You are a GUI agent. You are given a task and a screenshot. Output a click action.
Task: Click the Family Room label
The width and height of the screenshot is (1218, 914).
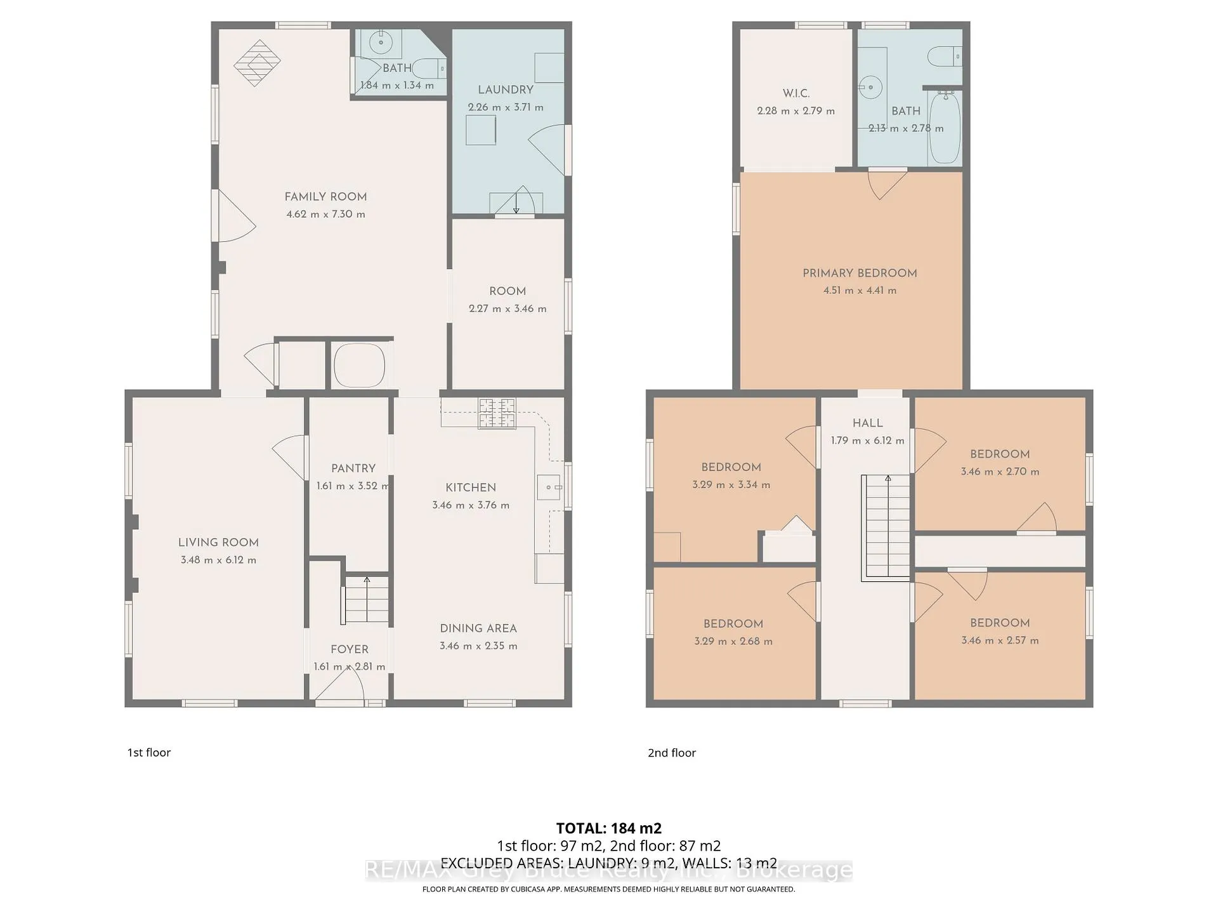tap(325, 197)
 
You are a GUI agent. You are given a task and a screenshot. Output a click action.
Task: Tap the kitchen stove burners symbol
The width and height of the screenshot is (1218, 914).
tap(497, 413)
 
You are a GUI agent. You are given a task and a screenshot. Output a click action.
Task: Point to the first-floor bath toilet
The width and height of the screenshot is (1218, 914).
tap(429, 67)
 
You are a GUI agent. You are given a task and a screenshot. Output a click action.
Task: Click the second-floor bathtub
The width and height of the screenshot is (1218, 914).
tap(945, 127)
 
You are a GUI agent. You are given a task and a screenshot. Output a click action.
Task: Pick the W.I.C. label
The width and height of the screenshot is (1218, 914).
tap(796, 93)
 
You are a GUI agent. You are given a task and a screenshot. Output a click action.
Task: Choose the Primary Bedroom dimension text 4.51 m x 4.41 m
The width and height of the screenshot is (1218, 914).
tap(860, 291)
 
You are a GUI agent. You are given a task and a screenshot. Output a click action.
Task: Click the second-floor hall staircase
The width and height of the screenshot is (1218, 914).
tap(886, 528)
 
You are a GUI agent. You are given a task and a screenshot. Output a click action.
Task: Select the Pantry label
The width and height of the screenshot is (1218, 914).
tap(353, 468)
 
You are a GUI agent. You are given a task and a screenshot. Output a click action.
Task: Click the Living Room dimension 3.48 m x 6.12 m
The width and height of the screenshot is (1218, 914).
tap(218, 560)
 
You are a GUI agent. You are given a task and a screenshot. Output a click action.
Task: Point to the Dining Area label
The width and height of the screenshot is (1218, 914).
tap(478, 628)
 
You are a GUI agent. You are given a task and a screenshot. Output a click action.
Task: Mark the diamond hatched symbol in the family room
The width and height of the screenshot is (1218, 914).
tap(257, 63)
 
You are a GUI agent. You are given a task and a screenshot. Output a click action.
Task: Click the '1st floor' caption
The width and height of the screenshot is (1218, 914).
tap(149, 753)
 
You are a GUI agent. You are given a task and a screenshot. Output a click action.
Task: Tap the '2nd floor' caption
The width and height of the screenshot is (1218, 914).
tap(672, 753)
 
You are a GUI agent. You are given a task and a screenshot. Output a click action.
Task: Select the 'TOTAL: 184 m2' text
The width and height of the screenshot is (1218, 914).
tap(609, 828)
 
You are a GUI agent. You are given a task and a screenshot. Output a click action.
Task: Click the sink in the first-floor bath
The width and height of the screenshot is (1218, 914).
tap(381, 43)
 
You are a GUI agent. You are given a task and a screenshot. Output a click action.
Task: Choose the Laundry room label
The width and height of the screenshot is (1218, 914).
tap(506, 90)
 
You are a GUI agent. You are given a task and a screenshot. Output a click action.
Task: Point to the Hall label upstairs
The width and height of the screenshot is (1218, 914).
tap(868, 423)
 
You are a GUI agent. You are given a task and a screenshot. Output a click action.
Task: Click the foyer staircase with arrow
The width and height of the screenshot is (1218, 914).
tap(367, 600)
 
